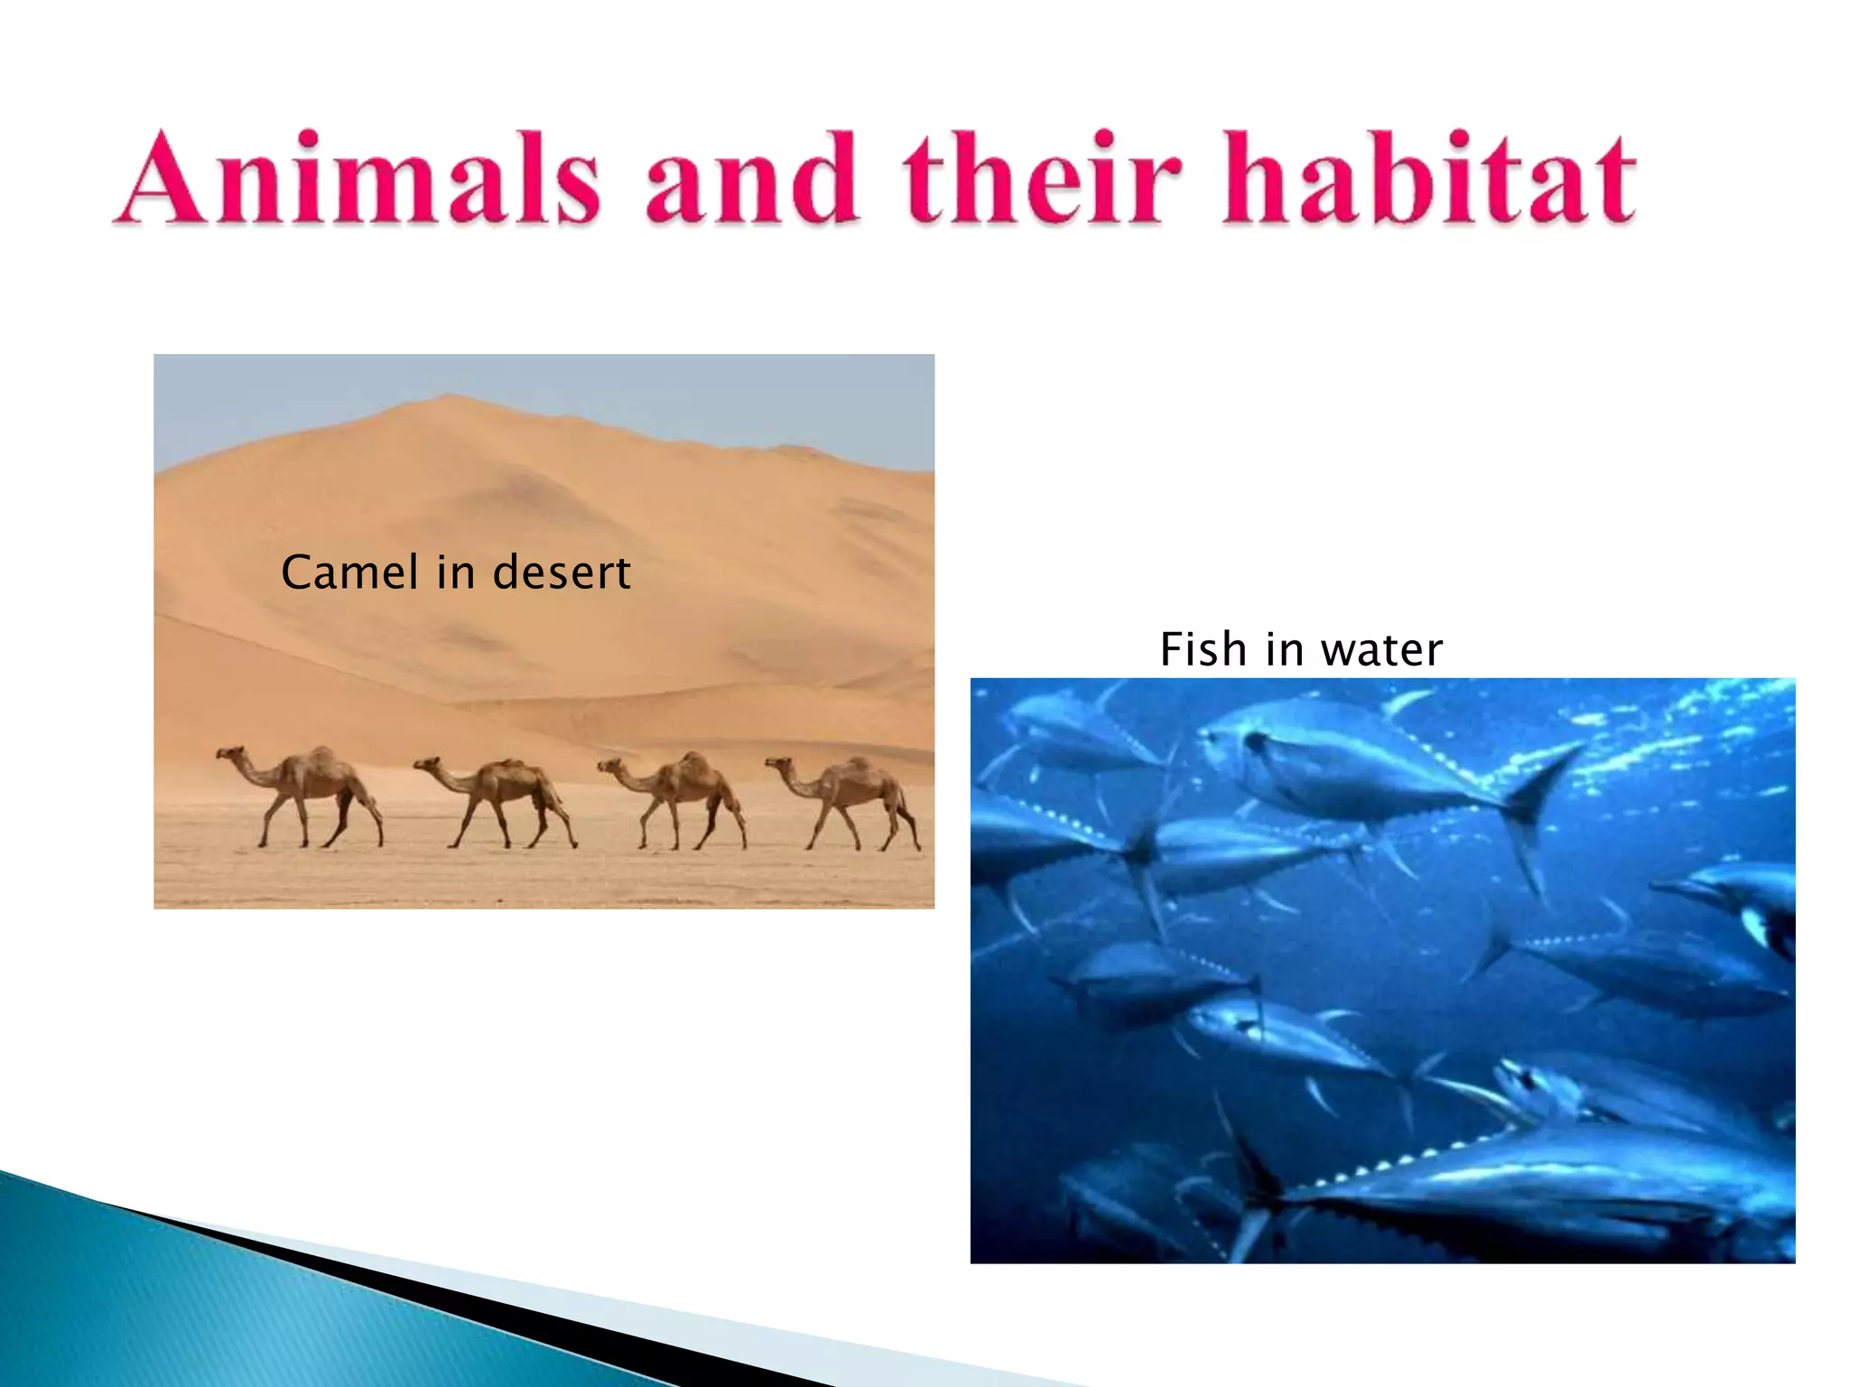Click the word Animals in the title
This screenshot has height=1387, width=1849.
tap(358, 178)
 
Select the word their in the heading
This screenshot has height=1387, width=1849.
tap(1042, 178)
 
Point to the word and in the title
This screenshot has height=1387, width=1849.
tap(751, 178)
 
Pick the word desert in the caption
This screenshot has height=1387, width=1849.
tap(562, 572)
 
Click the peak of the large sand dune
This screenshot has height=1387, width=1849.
tap(447, 395)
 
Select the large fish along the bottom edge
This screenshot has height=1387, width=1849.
tap(1535, 1192)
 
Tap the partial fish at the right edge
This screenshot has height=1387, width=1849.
tap(1751, 903)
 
